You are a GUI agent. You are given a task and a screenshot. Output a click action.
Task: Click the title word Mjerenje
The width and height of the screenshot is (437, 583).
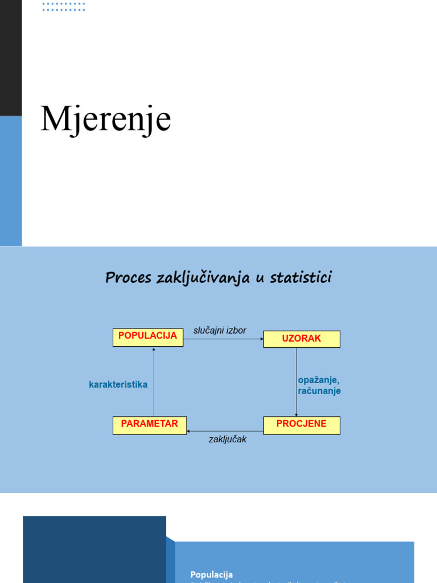pyautogui.click(x=106, y=119)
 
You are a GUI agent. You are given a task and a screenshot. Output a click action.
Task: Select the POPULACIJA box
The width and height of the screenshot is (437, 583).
pyautogui.click(x=148, y=336)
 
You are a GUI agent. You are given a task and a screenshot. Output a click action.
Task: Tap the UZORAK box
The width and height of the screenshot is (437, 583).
pyautogui.click(x=302, y=339)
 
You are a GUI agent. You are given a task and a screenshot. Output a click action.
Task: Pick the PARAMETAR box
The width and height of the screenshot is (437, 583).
pyautogui.click(x=150, y=425)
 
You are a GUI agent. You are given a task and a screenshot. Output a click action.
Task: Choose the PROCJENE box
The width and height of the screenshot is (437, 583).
pyautogui.click(x=302, y=425)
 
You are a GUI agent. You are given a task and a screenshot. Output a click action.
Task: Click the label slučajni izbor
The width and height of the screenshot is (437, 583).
pyautogui.click(x=220, y=330)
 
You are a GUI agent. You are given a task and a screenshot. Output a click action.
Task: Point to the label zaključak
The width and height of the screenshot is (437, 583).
pyautogui.click(x=228, y=439)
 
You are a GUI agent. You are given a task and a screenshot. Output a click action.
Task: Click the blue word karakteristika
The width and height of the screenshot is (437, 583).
pyautogui.click(x=118, y=384)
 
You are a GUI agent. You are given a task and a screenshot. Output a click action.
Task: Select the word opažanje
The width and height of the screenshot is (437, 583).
pyautogui.click(x=318, y=380)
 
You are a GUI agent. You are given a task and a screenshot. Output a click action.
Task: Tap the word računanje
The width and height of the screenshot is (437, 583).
pyautogui.click(x=319, y=391)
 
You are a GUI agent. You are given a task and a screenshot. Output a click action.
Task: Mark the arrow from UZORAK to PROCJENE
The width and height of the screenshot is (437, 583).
pyautogui.click(x=296, y=381)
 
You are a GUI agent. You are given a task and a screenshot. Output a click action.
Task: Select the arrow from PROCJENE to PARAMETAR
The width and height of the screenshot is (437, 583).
pyautogui.click(x=225, y=431)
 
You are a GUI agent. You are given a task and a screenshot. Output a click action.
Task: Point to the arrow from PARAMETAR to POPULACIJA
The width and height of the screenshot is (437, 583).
pyautogui.click(x=154, y=381)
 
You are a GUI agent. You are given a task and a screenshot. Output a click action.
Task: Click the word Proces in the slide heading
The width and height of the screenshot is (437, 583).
pyautogui.click(x=128, y=278)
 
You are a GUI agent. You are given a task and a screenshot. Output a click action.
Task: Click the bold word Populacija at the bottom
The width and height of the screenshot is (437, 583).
pyautogui.click(x=212, y=574)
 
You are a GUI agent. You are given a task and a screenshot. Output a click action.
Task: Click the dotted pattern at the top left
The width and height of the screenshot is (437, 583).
pyautogui.click(x=64, y=6)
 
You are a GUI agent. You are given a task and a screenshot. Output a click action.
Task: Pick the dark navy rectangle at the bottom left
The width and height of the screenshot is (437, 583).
pyautogui.click(x=94, y=549)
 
